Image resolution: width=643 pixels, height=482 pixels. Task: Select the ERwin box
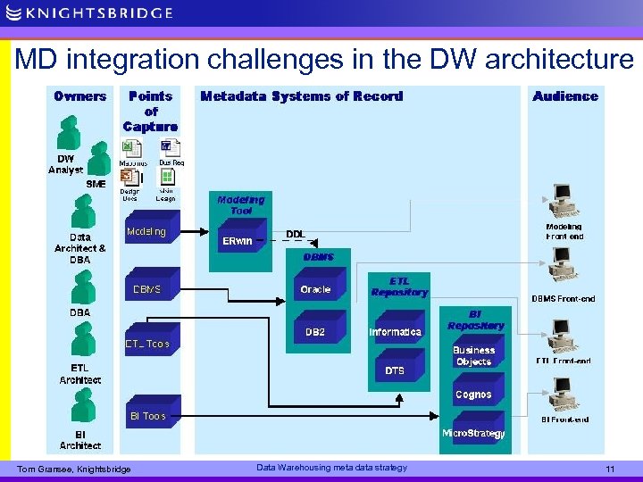(x=238, y=241)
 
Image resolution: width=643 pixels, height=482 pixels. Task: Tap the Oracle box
(x=315, y=289)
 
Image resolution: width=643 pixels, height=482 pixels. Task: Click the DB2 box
(x=315, y=332)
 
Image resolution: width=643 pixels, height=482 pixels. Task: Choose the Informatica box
(x=395, y=332)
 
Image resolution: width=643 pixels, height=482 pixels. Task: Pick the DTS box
(x=395, y=370)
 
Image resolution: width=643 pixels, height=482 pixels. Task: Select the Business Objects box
(x=473, y=356)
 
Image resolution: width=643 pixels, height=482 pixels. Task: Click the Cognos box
(x=473, y=395)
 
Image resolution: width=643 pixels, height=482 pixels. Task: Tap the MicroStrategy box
(x=473, y=433)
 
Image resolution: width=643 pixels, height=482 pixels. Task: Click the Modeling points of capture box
(x=146, y=232)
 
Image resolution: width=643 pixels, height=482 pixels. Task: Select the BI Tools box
(x=147, y=416)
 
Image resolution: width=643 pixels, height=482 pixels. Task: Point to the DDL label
(x=295, y=234)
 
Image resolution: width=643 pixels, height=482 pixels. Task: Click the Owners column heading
(x=79, y=96)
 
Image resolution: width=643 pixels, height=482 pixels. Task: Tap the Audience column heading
(x=565, y=96)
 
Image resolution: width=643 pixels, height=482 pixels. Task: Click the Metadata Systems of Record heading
(x=302, y=96)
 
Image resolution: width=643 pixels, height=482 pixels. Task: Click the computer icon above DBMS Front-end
(x=562, y=265)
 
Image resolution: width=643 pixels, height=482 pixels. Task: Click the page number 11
(x=610, y=469)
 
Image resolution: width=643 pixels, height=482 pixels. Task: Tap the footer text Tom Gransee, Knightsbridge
(x=73, y=470)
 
